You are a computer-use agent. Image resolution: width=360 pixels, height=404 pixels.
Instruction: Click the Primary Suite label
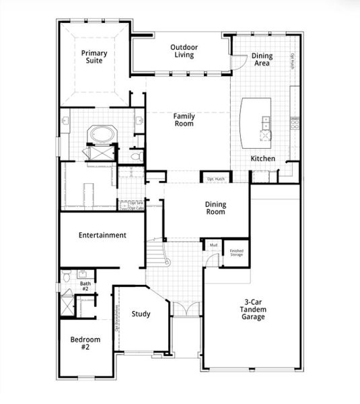pyautogui.click(x=94, y=57)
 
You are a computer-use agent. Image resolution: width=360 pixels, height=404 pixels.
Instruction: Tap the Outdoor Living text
pyautogui.click(x=184, y=51)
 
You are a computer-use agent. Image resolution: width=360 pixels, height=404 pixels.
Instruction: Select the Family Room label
pyautogui.click(x=184, y=120)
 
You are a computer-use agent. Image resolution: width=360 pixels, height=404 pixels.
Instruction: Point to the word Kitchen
pyautogui.click(x=262, y=158)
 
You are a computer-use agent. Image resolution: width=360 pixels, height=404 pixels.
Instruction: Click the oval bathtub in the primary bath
pyautogui.click(x=102, y=134)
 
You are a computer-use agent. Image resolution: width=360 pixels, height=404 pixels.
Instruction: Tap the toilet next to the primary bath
pyautogui.click(x=137, y=156)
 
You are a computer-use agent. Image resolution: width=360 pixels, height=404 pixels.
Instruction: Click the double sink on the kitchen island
pyautogui.click(x=266, y=123)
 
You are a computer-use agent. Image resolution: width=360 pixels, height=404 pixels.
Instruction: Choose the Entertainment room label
pyautogui.click(x=102, y=235)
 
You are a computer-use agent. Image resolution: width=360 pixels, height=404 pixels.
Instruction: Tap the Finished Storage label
pyautogui.click(x=236, y=253)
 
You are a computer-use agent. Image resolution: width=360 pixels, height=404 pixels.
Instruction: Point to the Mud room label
pyautogui.click(x=213, y=246)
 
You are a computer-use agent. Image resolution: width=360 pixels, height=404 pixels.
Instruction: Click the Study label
pyautogui.click(x=141, y=314)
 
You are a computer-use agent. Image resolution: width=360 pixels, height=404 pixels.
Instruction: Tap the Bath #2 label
pyautogui.click(x=85, y=285)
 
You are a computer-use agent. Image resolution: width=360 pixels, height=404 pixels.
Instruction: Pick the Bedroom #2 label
pyautogui.click(x=85, y=343)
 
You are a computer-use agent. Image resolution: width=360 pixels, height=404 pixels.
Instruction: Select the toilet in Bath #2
pyautogui.click(x=67, y=276)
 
